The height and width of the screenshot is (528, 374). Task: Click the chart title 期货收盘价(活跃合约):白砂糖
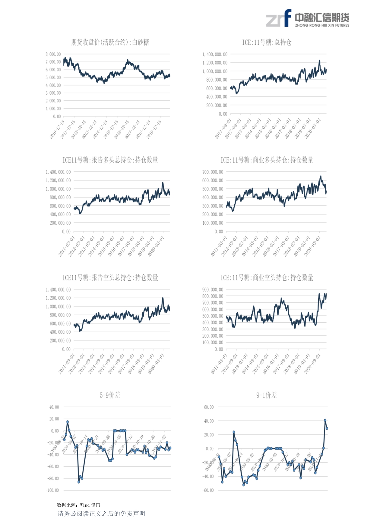click(x=110, y=42)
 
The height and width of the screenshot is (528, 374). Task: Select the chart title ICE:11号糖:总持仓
click(x=267, y=42)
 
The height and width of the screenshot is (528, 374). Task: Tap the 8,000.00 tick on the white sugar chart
click(x=53, y=54)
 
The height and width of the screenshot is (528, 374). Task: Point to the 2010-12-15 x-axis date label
click(x=57, y=130)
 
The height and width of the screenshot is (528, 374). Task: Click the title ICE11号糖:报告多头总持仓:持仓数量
click(x=110, y=160)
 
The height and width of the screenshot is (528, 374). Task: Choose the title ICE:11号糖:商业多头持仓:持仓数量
click(x=267, y=160)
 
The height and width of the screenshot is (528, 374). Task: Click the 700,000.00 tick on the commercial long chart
click(x=213, y=172)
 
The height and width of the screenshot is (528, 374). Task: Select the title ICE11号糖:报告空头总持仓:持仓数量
click(x=110, y=277)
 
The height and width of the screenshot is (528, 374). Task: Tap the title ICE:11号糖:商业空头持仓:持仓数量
click(x=267, y=277)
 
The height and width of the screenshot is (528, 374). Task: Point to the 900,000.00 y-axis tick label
click(x=213, y=289)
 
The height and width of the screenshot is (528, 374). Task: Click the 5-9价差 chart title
click(x=110, y=395)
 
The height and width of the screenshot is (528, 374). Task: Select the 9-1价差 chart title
click(x=267, y=395)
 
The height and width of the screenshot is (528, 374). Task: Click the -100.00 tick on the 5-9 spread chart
click(x=52, y=490)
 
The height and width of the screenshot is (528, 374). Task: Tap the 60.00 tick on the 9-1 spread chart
click(x=209, y=407)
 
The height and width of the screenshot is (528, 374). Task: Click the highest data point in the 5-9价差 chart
click(x=68, y=422)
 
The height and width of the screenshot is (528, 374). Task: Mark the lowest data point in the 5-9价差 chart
click(x=79, y=482)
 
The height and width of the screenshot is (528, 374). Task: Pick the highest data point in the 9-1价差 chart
click(x=325, y=420)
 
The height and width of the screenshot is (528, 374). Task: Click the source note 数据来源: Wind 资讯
click(x=78, y=505)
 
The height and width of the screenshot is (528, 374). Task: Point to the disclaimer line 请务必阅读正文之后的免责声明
click(x=101, y=514)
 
